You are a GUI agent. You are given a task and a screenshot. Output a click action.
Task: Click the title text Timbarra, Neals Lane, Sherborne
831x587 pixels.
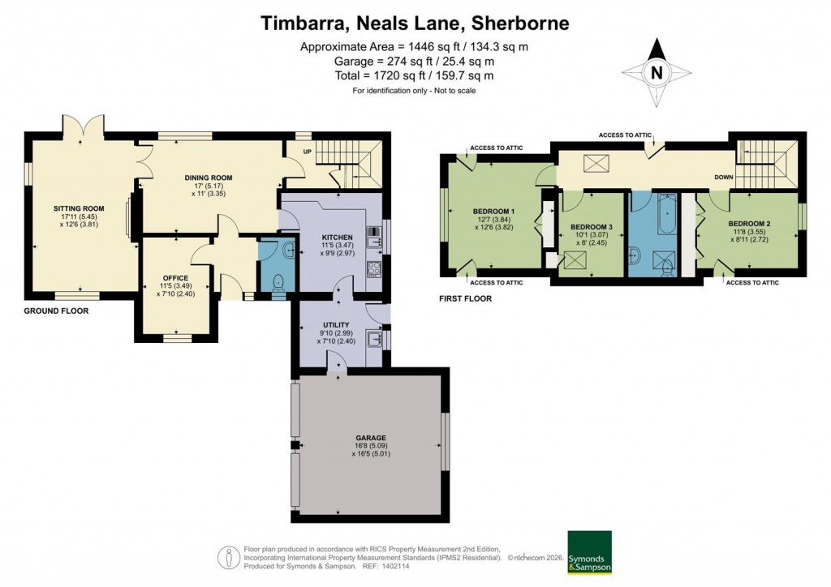(415, 22)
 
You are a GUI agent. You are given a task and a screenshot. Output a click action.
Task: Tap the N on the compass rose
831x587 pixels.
(657, 72)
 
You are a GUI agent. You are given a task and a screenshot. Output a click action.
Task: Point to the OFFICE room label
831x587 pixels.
(175, 278)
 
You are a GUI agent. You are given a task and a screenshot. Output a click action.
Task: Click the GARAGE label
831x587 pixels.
(370, 438)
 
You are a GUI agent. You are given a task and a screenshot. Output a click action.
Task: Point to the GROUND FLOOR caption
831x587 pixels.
(56, 311)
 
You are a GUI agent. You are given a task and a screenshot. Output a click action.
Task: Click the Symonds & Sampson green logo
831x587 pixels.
(588, 552)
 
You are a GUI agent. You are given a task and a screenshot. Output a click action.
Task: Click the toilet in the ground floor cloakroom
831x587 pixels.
(278, 283)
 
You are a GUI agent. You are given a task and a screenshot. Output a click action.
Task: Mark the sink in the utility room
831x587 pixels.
(374, 338)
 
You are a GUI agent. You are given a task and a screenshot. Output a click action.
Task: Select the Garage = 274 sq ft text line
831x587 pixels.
(415, 61)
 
